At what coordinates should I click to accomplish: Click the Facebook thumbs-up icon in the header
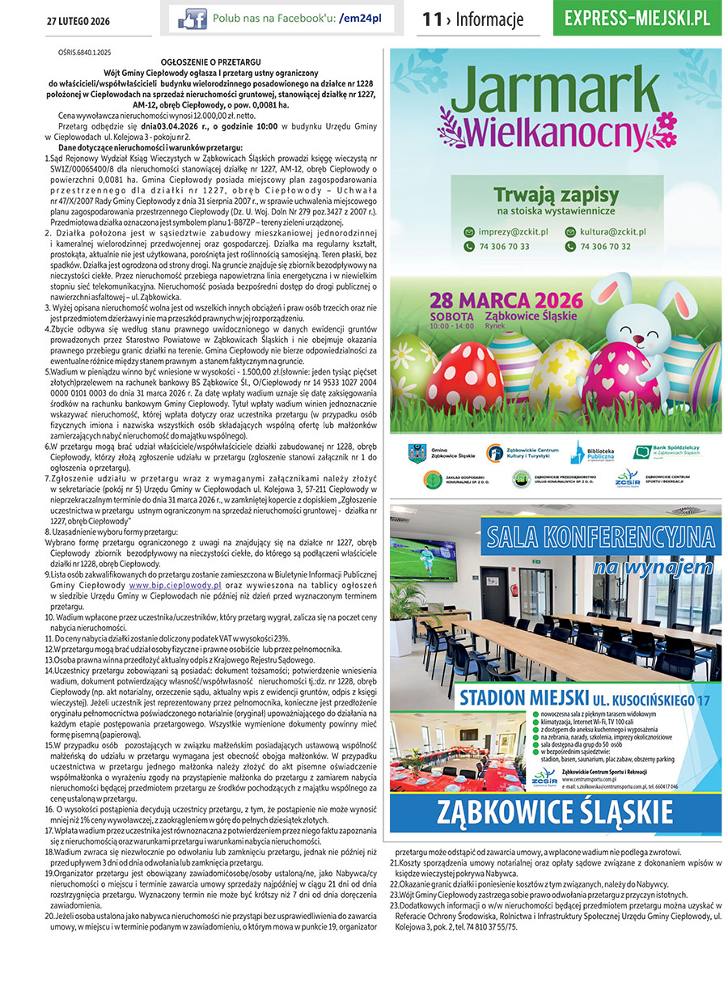(192, 19)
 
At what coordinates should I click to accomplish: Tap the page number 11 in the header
(431, 19)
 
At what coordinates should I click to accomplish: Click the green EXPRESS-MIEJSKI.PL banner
(637, 18)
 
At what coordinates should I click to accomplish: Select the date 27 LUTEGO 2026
(78, 19)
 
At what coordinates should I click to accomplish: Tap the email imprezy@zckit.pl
(506, 231)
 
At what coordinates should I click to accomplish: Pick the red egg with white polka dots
(463, 375)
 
